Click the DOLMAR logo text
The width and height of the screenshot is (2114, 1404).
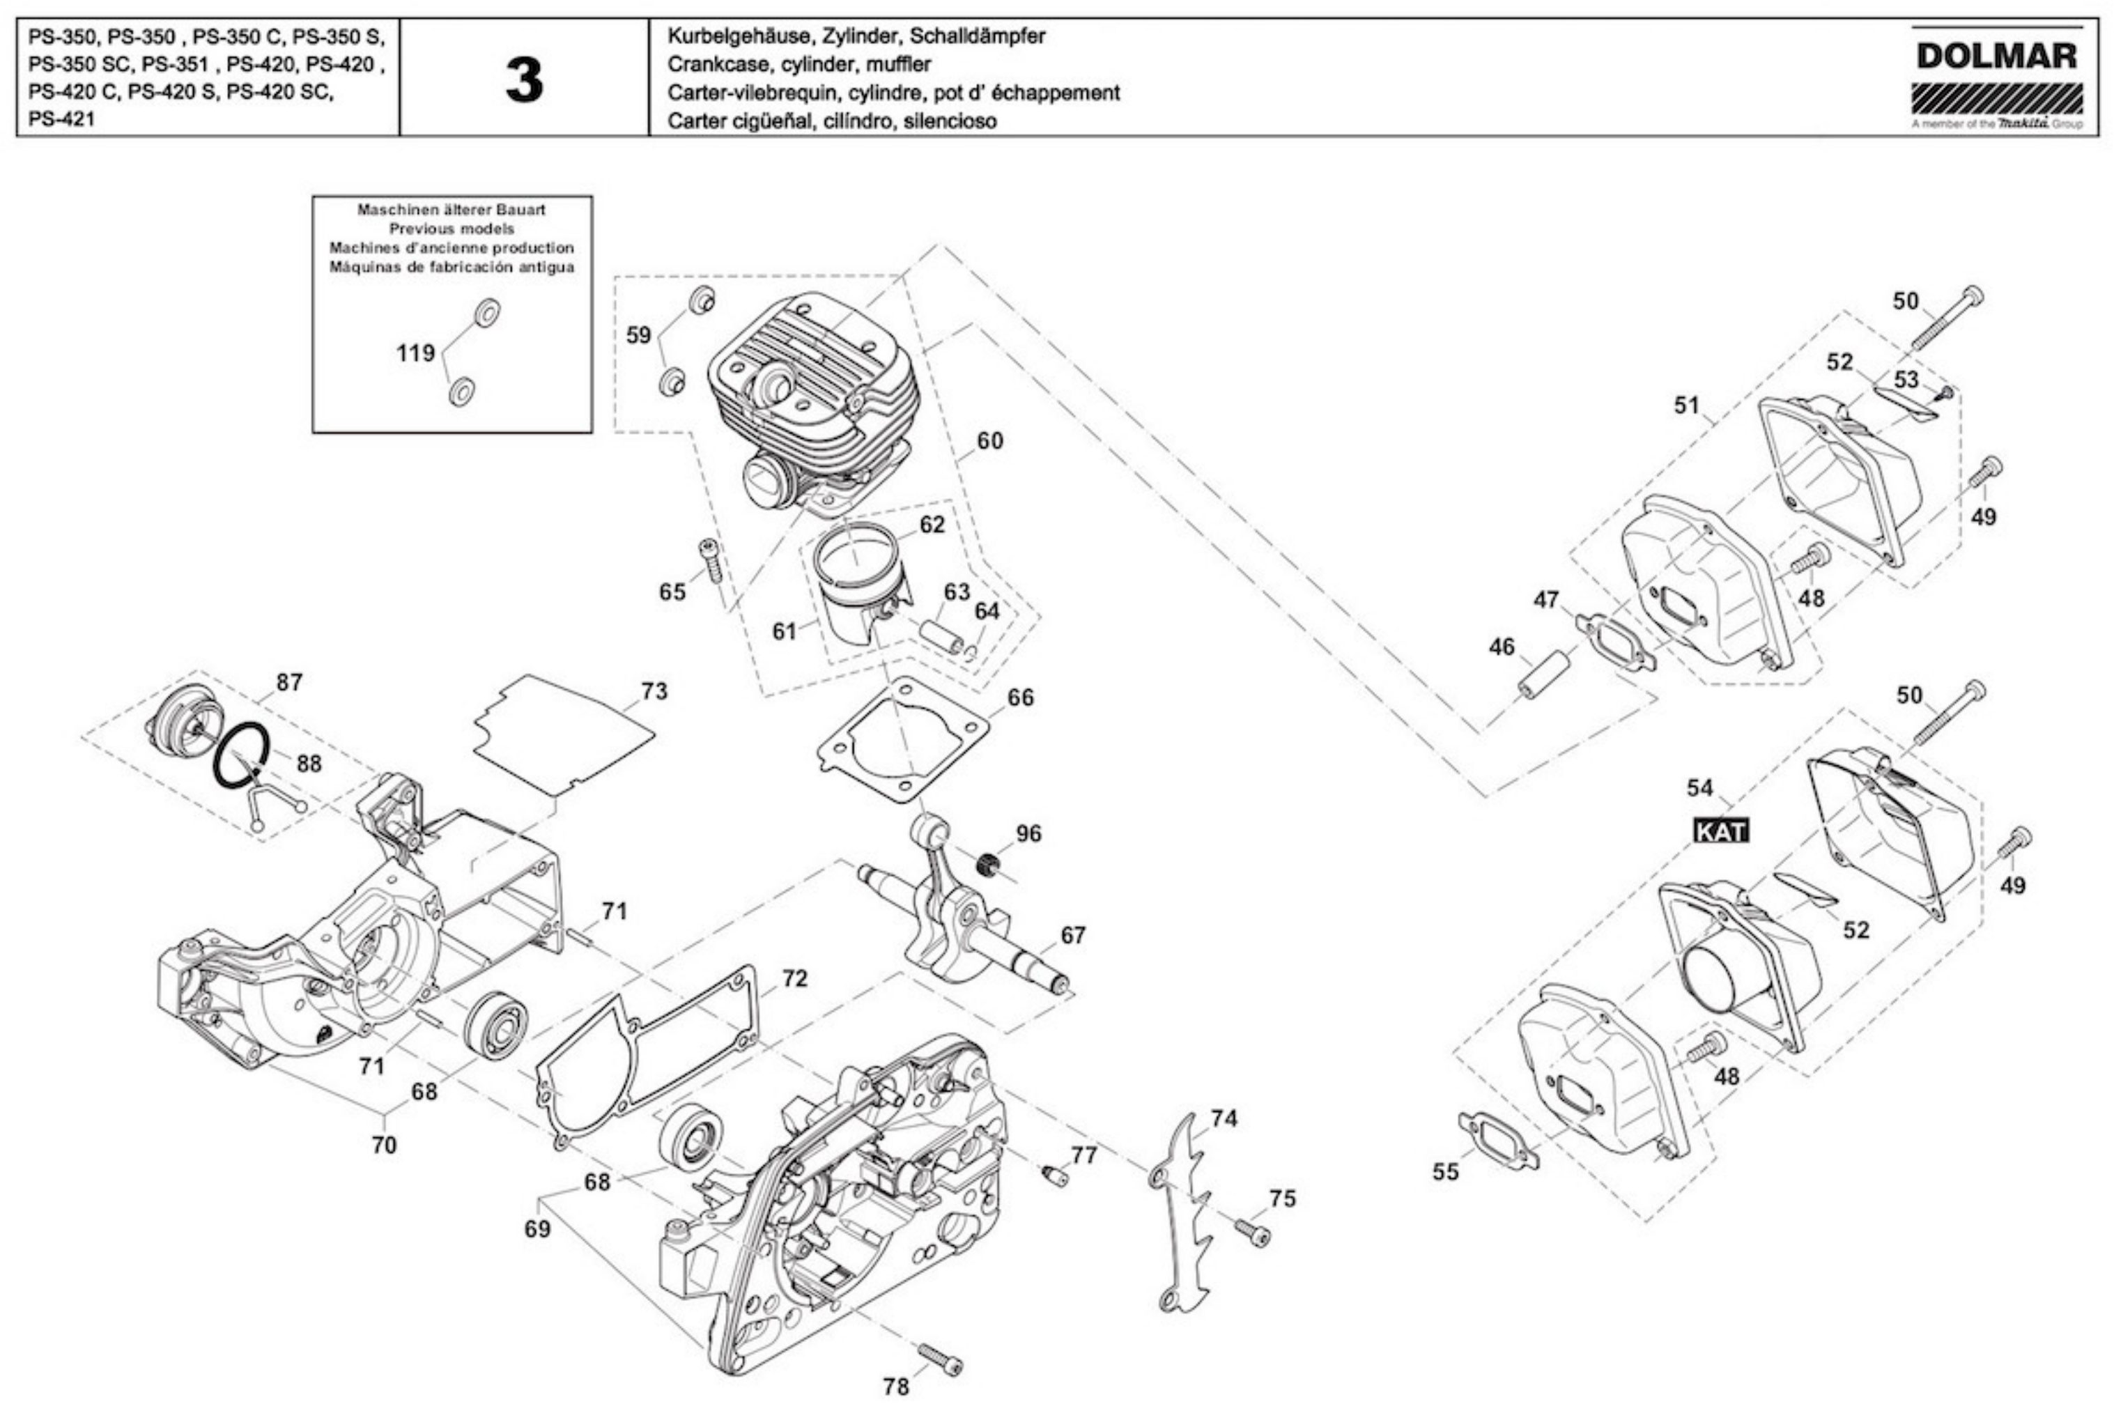point(1996,56)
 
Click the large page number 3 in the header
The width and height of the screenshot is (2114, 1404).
point(524,81)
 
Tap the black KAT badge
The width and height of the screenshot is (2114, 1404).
point(1721,831)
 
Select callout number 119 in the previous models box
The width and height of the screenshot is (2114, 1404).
point(415,353)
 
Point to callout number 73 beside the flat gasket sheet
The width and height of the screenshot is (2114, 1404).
point(654,691)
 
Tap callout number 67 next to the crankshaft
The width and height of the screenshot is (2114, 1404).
point(1072,935)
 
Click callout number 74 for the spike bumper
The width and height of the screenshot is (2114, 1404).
point(1224,1118)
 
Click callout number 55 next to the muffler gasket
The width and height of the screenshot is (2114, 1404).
point(1445,1171)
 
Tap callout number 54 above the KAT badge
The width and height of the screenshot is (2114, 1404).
point(1699,788)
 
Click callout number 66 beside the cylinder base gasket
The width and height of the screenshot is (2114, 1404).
point(1020,697)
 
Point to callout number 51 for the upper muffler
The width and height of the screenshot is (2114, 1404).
point(1687,406)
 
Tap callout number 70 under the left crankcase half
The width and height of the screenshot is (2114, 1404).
point(383,1144)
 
